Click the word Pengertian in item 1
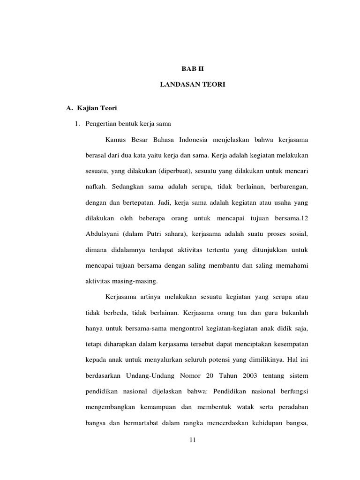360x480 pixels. (100, 124)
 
